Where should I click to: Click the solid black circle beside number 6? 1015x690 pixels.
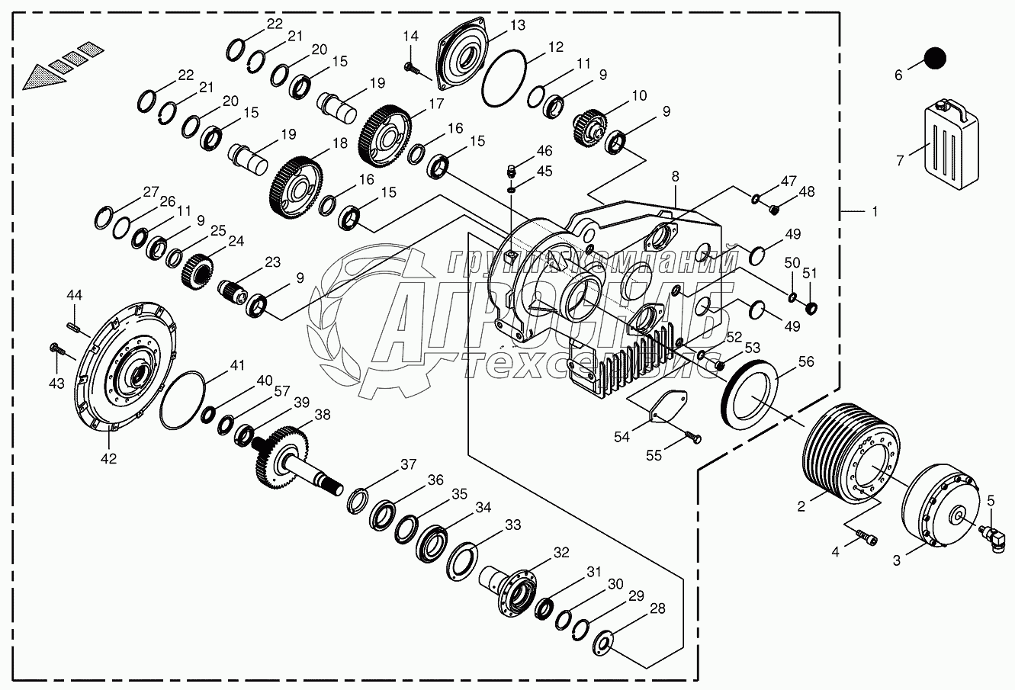934,58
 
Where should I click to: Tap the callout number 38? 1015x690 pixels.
323,415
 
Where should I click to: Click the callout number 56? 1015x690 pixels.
806,363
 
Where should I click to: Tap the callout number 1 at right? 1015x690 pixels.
875,211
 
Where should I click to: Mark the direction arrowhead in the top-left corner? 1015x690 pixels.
38,77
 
